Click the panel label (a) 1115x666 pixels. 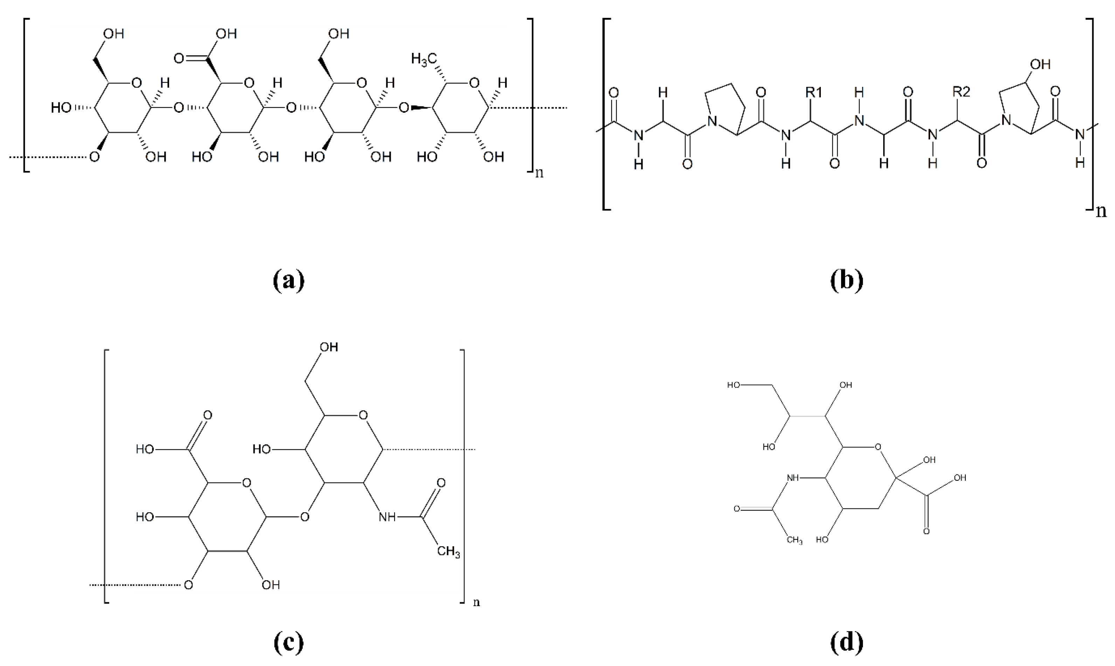click(289, 280)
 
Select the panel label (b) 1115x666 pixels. click(847, 280)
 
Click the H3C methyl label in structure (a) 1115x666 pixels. click(423, 59)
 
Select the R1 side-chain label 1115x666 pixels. click(814, 92)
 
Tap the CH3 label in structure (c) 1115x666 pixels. click(448, 551)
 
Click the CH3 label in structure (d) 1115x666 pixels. click(794, 540)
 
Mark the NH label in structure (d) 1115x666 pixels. click(793, 478)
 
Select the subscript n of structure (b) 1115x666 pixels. click(1101, 210)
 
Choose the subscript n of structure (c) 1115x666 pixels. click(477, 602)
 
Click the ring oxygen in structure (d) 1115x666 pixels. click(878, 447)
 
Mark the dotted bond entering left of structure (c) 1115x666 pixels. click(134, 585)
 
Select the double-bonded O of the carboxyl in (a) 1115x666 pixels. click(179, 58)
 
